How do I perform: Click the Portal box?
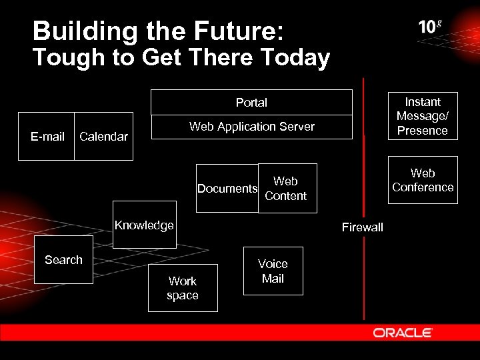[x=251, y=103]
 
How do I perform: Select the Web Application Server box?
[x=251, y=127]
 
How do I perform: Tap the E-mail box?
[x=48, y=137]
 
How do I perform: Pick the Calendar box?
[x=103, y=137]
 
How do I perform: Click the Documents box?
[x=227, y=189]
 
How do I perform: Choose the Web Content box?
[x=287, y=189]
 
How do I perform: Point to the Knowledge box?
[x=144, y=225]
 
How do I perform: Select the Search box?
[x=63, y=260]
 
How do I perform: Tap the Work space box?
[x=183, y=288]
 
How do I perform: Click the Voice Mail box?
[x=273, y=271]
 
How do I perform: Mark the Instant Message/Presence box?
[x=423, y=116]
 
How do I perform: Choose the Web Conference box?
[x=423, y=180]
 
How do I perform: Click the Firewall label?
[x=363, y=227]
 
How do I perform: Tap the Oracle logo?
[x=403, y=333]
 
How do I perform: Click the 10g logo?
[x=430, y=27]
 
